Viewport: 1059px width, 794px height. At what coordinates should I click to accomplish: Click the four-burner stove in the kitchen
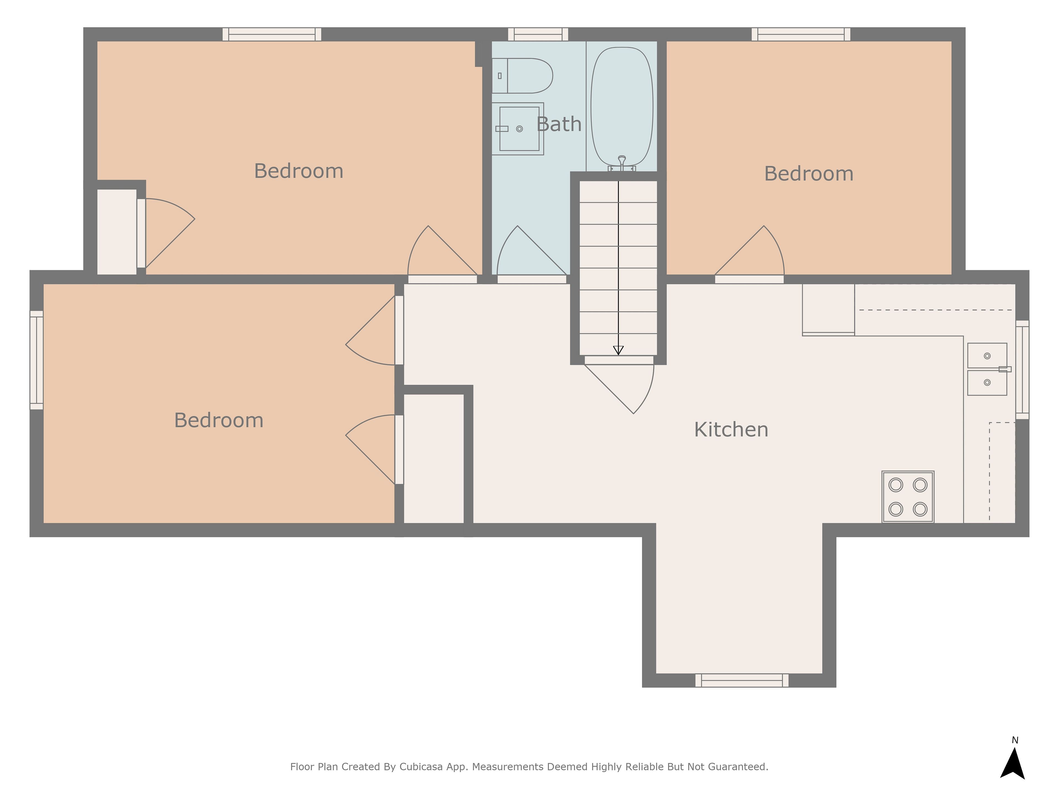pos(908,497)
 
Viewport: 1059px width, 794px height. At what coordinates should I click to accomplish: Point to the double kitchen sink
pos(987,369)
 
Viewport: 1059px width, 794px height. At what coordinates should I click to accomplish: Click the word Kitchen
pos(731,430)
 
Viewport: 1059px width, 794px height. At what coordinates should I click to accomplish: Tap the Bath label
pos(559,124)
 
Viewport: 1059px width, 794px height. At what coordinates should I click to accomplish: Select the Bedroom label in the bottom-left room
pos(219,420)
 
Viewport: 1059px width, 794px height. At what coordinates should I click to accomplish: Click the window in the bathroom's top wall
pos(538,34)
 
